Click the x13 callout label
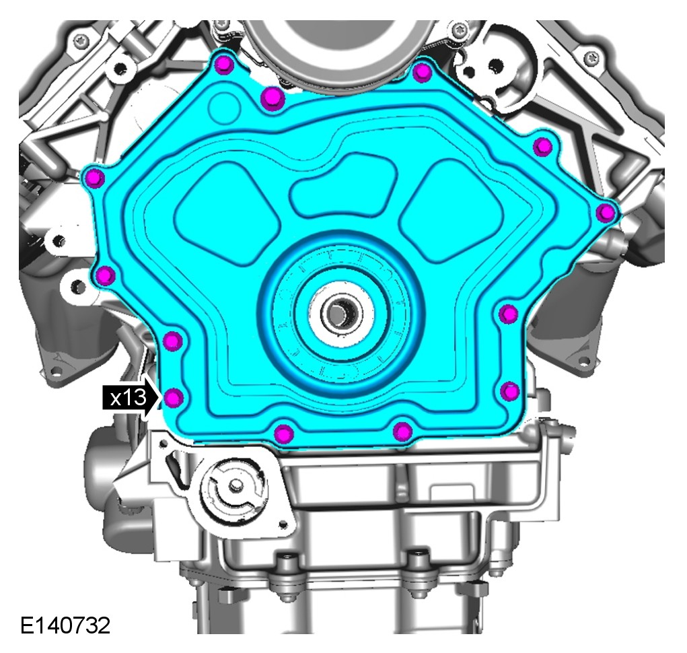(129, 398)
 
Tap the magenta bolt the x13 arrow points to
(174, 397)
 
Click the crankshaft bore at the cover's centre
(337, 312)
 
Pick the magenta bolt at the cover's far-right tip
(606, 213)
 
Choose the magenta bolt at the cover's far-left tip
(95, 178)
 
